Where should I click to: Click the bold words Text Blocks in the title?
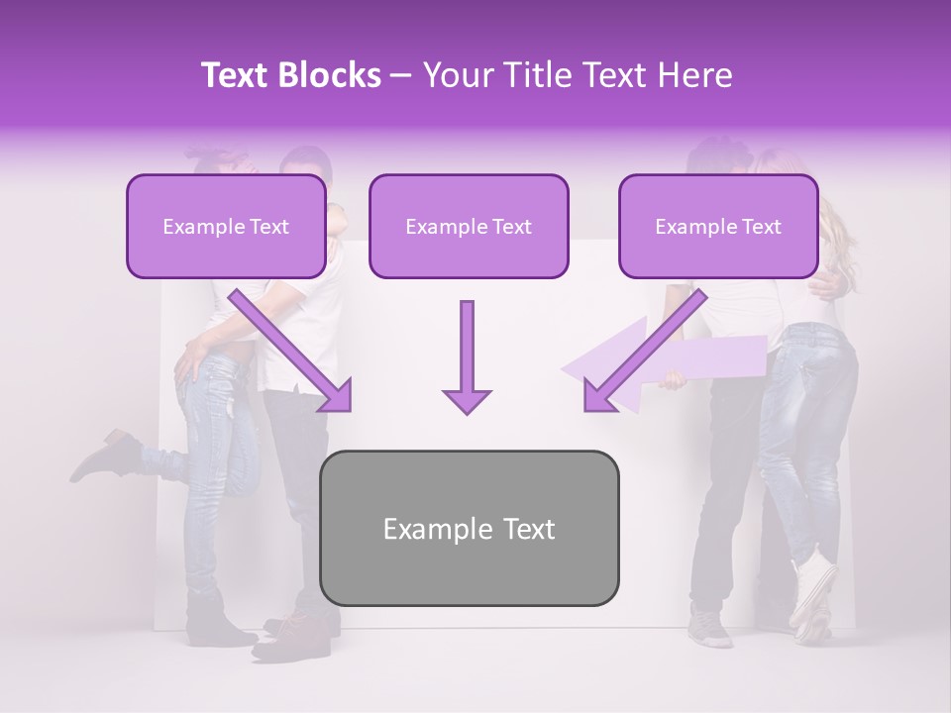tap(290, 75)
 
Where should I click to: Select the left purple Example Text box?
tap(226, 227)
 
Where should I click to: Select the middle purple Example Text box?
tap(469, 227)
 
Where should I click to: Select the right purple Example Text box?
tap(718, 227)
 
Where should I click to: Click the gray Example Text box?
tap(469, 528)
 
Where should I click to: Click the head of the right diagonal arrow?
tap(598, 396)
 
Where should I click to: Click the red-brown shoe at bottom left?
tap(287, 634)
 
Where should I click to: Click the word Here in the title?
tap(697, 75)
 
